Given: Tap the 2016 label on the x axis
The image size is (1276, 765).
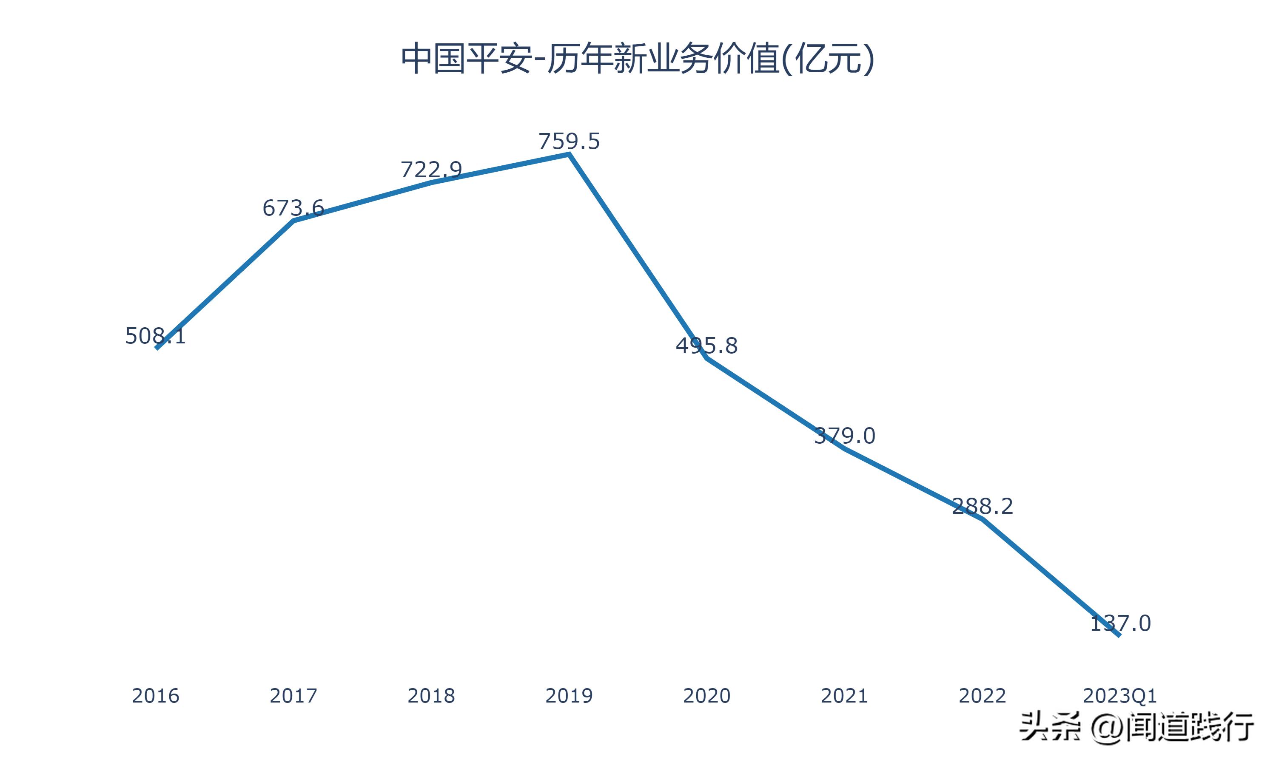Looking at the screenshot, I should [155, 696].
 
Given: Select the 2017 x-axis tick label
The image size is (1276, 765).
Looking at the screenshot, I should [293, 696].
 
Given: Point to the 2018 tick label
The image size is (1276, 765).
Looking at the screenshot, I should [431, 696].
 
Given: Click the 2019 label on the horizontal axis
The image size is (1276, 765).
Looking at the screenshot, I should [569, 696].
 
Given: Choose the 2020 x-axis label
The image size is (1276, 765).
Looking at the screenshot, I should [706, 696].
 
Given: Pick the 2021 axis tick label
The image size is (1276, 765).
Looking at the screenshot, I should [844, 696].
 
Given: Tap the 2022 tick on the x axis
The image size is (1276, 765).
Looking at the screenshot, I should [982, 696].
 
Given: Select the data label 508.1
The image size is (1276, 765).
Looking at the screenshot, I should [155, 336].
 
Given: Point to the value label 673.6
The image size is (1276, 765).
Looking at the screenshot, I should [293, 208].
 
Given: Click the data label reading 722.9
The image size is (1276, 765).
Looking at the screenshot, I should [431, 170].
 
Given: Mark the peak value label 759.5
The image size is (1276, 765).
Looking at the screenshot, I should [569, 141].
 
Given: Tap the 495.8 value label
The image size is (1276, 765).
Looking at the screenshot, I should [706, 346].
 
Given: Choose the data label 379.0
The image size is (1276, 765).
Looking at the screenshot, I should [844, 436].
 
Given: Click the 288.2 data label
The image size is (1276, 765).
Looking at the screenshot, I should [982, 506].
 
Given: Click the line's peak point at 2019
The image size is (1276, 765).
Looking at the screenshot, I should [570, 153].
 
